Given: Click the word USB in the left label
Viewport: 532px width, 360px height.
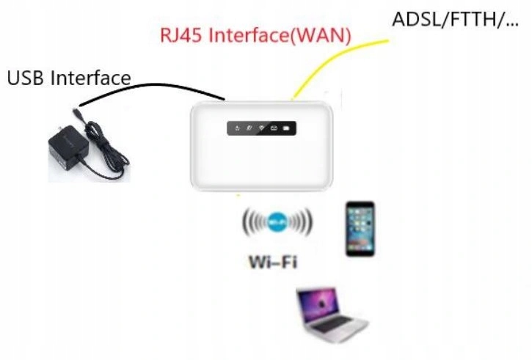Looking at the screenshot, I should pos(26,78).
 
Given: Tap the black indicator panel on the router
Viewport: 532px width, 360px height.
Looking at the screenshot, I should pos(262,129).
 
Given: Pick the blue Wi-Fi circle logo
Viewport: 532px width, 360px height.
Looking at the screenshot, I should pos(277,221).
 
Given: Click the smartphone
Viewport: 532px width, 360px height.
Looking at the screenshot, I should pos(360,229).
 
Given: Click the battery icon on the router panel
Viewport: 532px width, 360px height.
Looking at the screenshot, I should pos(286,129).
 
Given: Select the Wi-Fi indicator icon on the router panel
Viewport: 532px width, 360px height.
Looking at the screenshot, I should pos(261,129).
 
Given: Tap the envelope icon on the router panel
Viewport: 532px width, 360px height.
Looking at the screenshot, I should pos(274,129).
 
